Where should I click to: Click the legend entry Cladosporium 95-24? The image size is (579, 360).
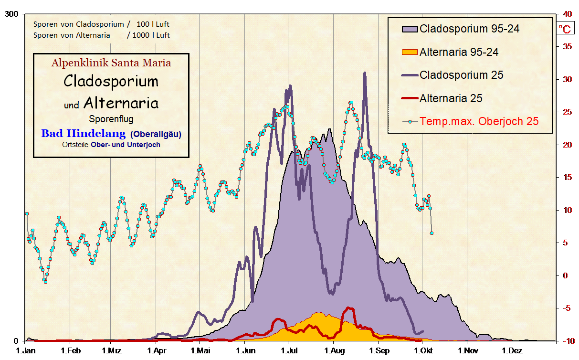tap(469, 29)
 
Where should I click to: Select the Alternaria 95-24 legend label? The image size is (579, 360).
tap(459, 52)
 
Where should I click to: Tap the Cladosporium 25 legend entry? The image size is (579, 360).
tap(461, 75)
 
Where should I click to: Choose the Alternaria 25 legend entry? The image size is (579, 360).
tap(451, 98)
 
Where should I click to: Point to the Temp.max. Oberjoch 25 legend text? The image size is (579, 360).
tap(479, 121)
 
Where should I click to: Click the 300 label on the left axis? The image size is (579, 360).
tap(11, 14)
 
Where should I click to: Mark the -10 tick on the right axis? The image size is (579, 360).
tap(566, 341)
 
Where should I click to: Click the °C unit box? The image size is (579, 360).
tap(566, 29)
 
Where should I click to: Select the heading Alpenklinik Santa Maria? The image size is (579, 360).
tap(111, 63)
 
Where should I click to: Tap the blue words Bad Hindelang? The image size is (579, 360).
tap(83, 134)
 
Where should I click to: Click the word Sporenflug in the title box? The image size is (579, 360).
tap(111, 119)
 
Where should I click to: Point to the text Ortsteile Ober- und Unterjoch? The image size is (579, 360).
tap(111, 145)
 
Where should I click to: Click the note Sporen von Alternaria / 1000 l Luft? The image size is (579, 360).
tap(101, 35)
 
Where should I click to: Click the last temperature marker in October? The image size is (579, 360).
tap(432, 233)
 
